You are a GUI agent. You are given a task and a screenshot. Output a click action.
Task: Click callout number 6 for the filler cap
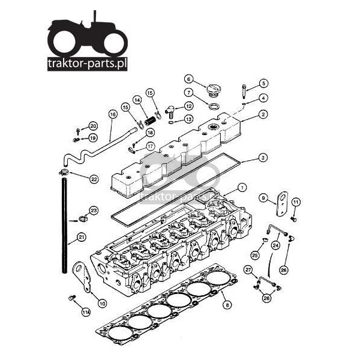click(189, 79)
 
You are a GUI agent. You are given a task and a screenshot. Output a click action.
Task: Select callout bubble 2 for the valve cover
click(263, 115)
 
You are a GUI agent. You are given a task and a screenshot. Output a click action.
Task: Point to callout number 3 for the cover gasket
click(263, 158)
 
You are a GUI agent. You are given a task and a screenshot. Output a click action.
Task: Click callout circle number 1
click(242, 188)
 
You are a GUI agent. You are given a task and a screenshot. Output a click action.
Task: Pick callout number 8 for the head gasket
click(227, 305)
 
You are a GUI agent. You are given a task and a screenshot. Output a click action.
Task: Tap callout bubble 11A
click(86, 312)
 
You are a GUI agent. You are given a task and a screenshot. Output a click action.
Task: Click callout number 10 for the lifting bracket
click(102, 304)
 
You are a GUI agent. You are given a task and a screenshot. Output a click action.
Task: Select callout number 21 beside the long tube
click(81, 238)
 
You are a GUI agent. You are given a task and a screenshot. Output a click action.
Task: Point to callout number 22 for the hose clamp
click(94, 179)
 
